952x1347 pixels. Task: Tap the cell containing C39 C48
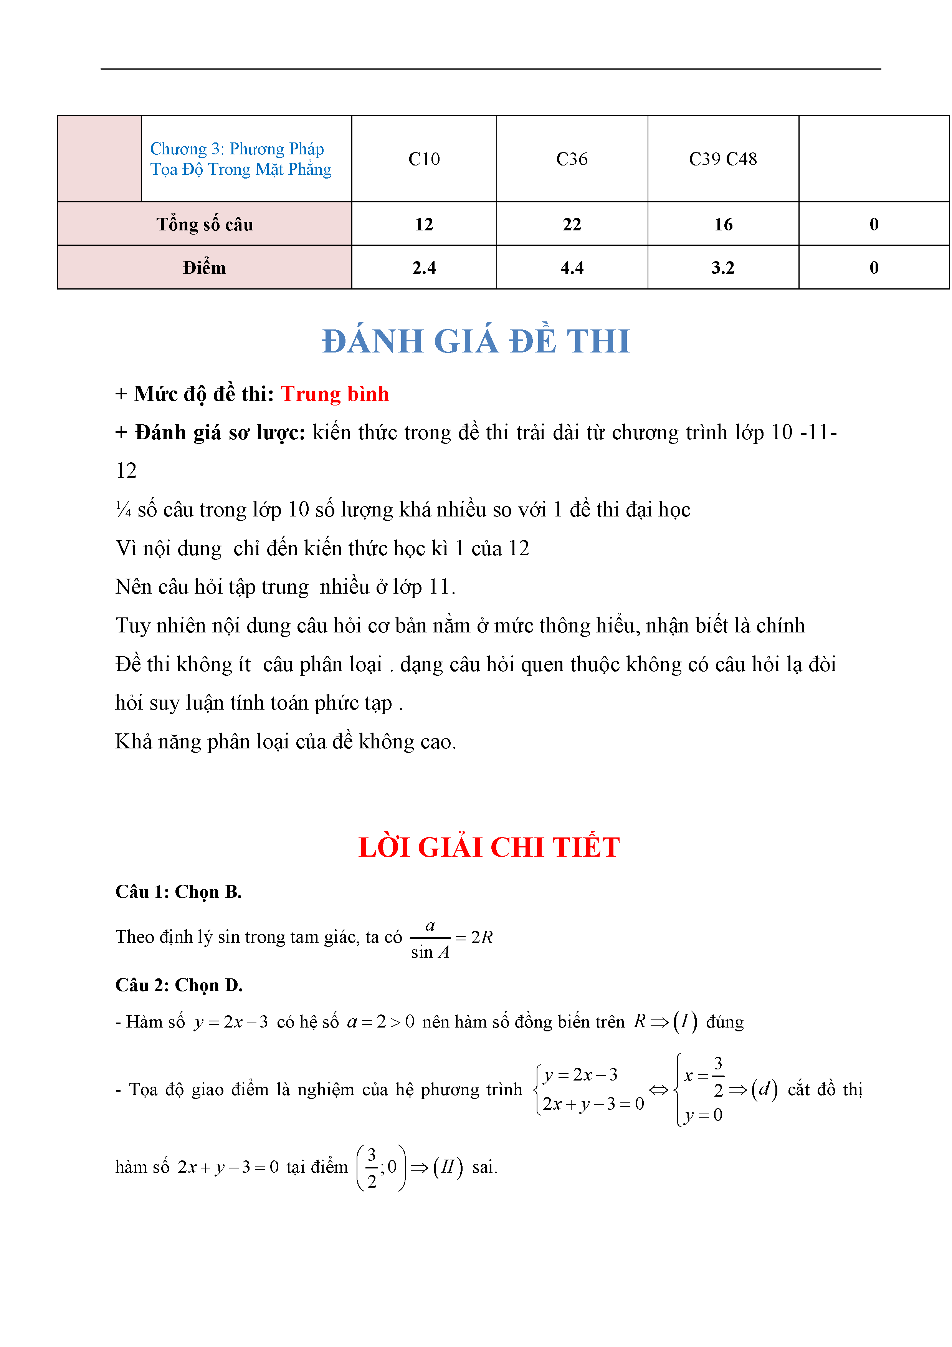[x=723, y=159]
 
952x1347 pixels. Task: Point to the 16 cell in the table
[x=723, y=224]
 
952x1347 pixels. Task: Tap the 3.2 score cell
[x=723, y=268]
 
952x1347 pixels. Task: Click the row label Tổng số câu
[x=204, y=224]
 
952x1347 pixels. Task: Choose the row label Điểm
[x=204, y=268]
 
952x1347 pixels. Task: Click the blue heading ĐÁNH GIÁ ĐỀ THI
[x=476, y=341]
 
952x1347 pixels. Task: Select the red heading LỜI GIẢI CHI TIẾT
[x=489, y=847]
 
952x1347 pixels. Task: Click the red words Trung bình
[x=334, y=394]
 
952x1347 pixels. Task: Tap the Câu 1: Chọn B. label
[x=178, y=892]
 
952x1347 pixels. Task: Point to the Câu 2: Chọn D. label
[x=179, y=985]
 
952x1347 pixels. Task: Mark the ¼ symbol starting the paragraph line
[x=123, y=509]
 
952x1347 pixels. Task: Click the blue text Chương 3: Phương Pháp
[x=237, y=149]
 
